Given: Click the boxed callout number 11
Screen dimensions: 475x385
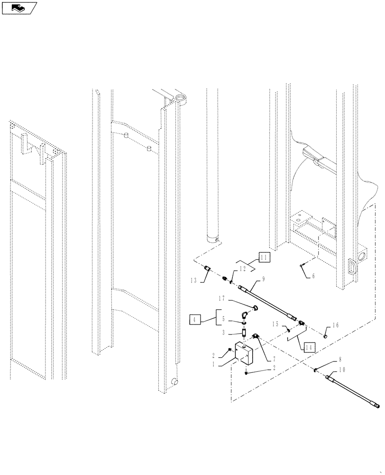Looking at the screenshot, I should (x=264, y=258).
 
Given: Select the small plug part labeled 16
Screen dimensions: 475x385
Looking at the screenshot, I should (x=326, y=336).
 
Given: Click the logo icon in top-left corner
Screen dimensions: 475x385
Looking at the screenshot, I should (x=19, y=8).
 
